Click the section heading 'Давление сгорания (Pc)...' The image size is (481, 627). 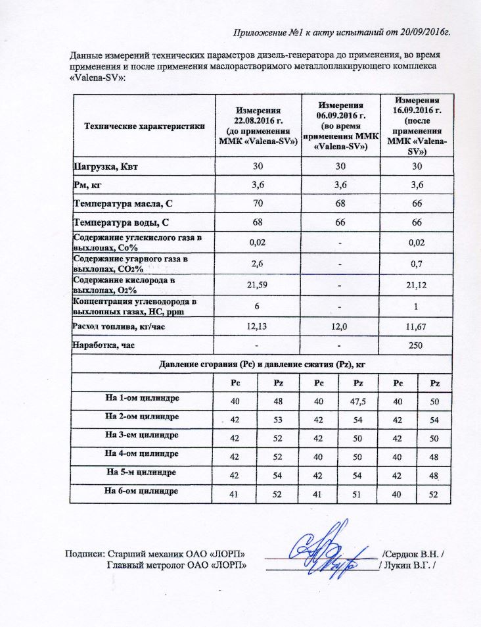[261, 364]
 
